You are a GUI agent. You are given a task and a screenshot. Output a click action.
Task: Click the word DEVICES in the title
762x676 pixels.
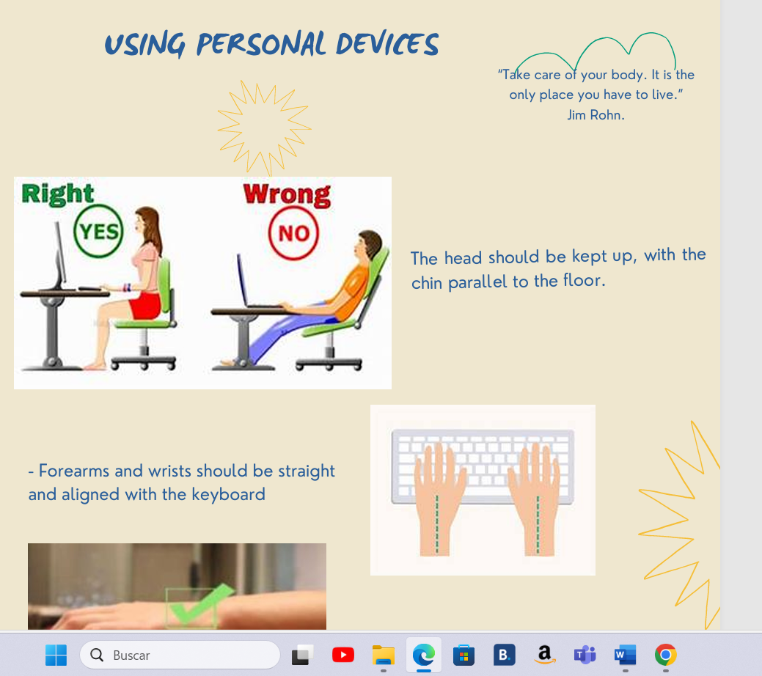[x=387, y=45]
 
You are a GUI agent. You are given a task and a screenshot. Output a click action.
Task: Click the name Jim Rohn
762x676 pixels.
[x=596, y=114]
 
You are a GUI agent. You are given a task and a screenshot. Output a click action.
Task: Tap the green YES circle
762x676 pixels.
[x=99, y=232]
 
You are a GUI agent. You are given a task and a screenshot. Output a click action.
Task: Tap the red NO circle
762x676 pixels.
[x=293, y=234]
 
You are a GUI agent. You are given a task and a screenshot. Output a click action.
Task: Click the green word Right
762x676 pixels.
[x=58, y=194]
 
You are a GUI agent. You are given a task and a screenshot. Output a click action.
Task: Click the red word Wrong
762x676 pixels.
[x=287, y=194]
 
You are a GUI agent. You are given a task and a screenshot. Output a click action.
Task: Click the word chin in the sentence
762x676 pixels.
[x=427, y=283]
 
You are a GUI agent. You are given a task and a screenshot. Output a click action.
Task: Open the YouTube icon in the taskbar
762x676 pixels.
[x=342, y=655]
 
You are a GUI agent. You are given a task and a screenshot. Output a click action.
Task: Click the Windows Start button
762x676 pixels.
[x=56, y=655]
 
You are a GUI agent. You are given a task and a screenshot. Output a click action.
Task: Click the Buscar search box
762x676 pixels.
[x=180, y=655]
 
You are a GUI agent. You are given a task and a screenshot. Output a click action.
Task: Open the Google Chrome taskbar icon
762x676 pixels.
[x=665, y=655]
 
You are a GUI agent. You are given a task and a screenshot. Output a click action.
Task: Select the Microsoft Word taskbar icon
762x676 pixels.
[x=625, y=655]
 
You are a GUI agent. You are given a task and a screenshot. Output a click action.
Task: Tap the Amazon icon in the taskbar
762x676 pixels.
[x=543, y=655]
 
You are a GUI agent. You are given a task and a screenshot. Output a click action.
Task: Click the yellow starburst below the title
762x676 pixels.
[x=264, y=127]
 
